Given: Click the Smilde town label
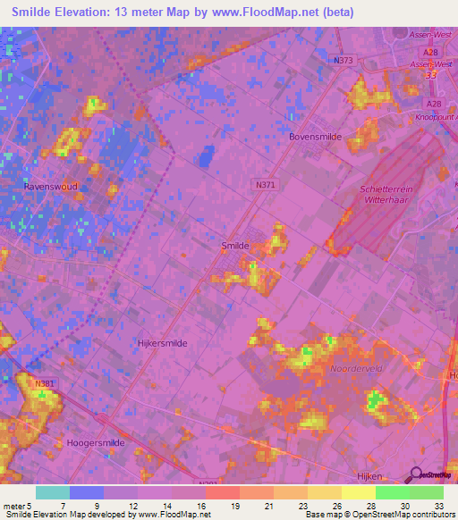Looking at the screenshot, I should [235, 244].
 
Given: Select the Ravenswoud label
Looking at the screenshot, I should [51, 187].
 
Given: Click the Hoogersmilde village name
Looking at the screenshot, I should [96, 442].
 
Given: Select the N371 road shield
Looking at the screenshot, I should [261, 181].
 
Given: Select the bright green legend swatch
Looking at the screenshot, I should [392, 492].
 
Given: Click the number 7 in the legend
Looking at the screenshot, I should [62, 506].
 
